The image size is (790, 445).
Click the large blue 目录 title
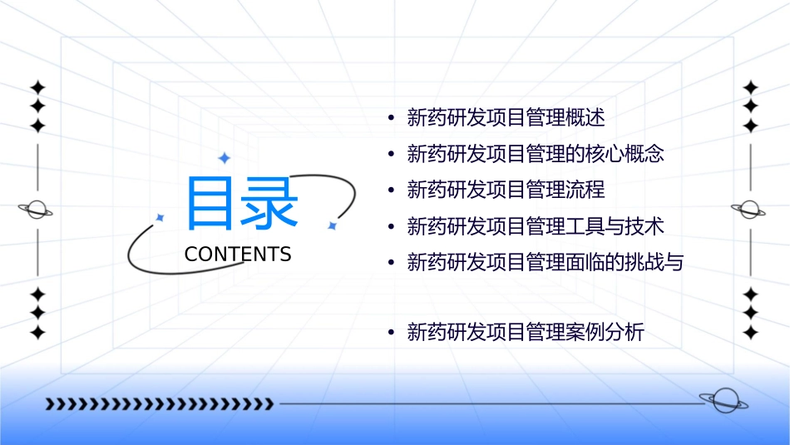click(241, 204)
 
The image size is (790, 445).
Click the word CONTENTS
click(238, 255)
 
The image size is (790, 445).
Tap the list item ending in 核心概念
click(536, 154)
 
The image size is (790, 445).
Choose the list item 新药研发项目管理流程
click(506, 190)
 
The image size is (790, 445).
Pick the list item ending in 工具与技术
click(536, 226)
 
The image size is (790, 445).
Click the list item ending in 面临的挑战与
click(545, 263)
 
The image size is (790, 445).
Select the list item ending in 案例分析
click(526, 333)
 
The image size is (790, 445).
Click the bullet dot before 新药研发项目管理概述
click(391, 118)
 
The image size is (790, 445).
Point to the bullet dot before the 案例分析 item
click(391, 334)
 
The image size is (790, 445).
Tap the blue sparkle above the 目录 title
click(224, 158)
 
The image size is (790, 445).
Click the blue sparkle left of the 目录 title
click(160, 217)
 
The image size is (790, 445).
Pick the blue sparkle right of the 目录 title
click(331, 225)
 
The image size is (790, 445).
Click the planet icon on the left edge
click(36, 210)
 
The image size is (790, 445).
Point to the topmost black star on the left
click(37, 87)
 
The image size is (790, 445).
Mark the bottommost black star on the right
click(750, 333)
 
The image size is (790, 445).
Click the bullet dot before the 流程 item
click(391, 190)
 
